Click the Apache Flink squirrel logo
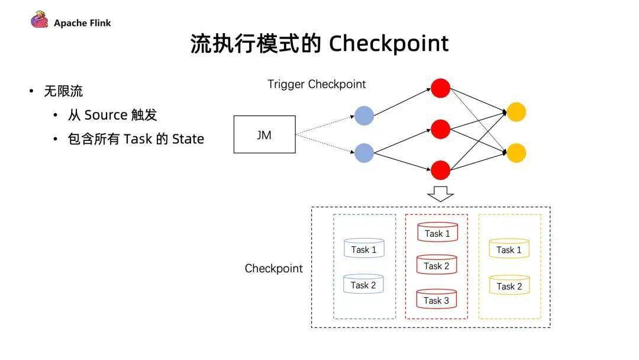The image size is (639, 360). point(40,20)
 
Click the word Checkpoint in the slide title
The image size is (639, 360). point(389,44)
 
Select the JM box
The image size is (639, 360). point(264,134)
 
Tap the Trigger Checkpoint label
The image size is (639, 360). point(317,84)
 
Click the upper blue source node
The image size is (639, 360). point(364,115)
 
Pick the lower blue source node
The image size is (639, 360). point(364,153)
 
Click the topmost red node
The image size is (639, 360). point(441,88)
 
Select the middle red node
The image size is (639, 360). point(441,129)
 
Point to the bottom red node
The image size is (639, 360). point(441,170)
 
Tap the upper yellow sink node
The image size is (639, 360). point(517,112)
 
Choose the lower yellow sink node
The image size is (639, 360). point(517,153)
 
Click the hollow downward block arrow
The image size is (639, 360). point(441,194)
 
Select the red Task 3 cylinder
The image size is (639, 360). point(437,299)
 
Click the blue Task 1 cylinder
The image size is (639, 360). point(364,248)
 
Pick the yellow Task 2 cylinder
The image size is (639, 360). point(509,285)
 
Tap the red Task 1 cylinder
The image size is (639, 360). point(437,232)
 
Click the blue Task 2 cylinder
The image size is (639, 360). point(363,284)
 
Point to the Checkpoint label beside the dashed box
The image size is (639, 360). point(274,268)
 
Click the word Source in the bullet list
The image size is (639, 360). point(106,115)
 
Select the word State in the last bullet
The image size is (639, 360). point(188,139)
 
